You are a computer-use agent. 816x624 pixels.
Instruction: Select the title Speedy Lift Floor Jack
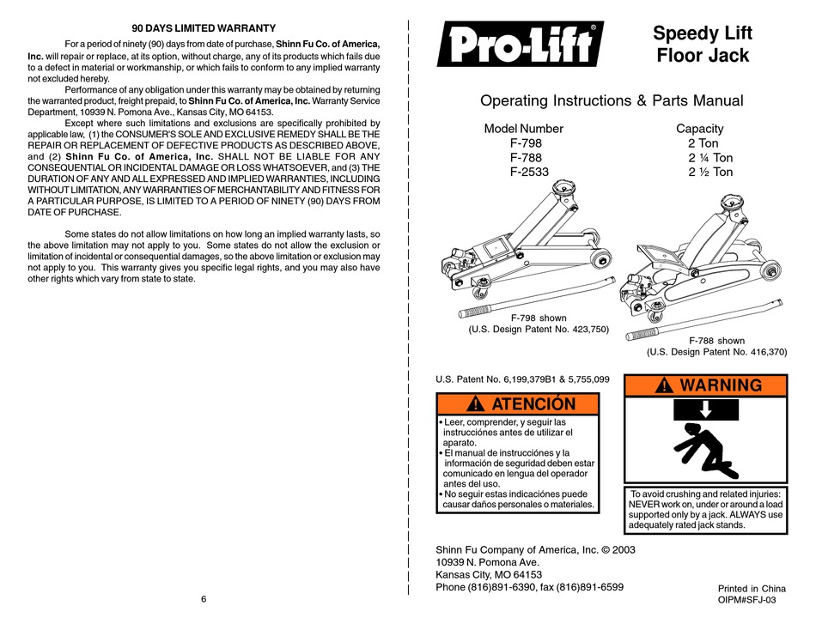(x=703, y=45)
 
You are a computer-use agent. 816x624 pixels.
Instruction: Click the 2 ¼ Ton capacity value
(x=709, y=158)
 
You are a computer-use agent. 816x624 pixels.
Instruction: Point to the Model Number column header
(x=524, y=129)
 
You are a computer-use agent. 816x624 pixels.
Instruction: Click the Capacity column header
(x=700, y=129)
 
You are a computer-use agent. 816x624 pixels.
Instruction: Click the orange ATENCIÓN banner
(x=518, y=403)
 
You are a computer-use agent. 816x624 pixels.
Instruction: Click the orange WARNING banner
(x=704, y=385)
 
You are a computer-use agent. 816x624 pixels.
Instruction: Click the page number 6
(x=204, y=598)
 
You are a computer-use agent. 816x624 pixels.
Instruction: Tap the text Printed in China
(x=752, y=588)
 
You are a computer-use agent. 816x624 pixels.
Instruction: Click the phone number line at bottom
(x=530, y=587)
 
